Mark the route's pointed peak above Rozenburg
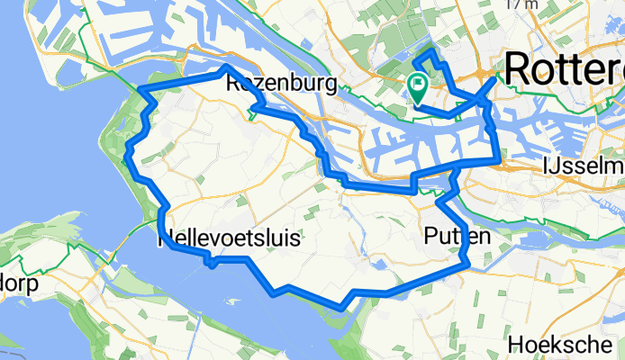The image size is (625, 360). click(x=225, y=67)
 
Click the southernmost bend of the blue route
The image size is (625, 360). click(x=340, y=307)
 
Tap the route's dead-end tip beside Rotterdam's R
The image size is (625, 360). click(x=494, y=78)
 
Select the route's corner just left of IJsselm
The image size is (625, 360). click(x=498, y=160)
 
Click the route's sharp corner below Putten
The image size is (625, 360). click(x=464, y=264)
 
